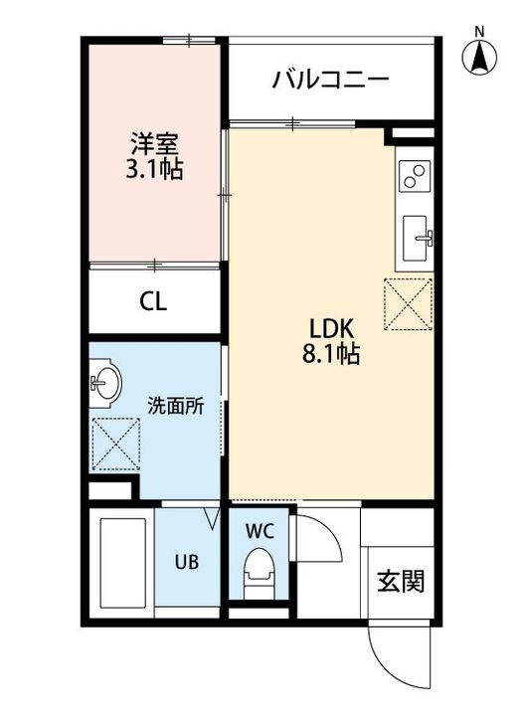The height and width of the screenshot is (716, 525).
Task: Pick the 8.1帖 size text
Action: point(332,354)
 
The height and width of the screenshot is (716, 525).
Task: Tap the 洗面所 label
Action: point(176,405)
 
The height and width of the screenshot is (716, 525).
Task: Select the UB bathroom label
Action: point(187,562)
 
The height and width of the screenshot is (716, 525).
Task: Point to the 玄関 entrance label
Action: point(400,581)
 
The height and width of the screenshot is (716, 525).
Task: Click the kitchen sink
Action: point(417,239)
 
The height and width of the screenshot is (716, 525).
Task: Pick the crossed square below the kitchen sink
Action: point(410,303)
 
